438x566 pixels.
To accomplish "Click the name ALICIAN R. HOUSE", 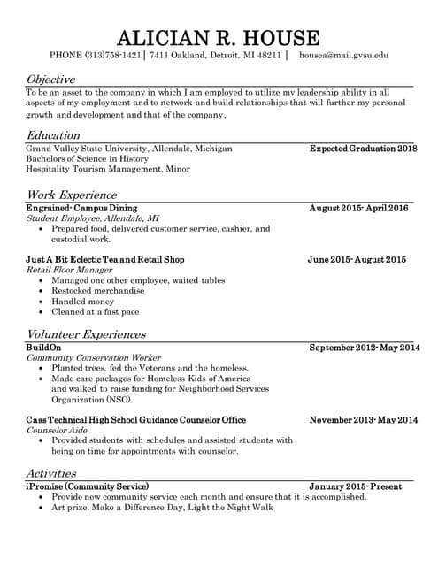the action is tap(219, 37).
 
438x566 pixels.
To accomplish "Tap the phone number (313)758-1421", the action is tap(111, 56).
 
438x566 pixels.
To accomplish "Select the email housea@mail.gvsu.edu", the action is tap(343, 56).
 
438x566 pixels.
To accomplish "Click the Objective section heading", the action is tap(50, 80).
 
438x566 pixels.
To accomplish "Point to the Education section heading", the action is tap(53, 135).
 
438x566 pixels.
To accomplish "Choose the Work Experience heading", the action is tap(71, 195).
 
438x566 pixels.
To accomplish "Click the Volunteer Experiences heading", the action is tap(86, 334).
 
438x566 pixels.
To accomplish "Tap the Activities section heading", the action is tap(50, 473).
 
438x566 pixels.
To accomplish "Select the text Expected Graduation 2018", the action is tap(363, 149).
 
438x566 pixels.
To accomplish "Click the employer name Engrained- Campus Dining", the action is tap(81, 208).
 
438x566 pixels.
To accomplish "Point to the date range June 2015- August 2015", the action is tap(357, 259).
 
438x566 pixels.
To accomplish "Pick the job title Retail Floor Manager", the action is tap(69, 270).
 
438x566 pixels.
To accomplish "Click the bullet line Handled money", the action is tap(82, 302).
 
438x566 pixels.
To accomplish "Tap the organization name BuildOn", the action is tap(44, 348).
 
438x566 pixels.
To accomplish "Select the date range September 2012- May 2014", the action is tap(364, 348).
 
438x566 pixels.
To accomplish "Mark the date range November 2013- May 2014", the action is tap(364, 419).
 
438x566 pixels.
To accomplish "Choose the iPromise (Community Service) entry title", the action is tap(88, 486).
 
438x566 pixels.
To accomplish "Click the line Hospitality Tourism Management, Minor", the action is tap(108, 169).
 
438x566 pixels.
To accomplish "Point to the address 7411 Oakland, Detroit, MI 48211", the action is tap(215, 56).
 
